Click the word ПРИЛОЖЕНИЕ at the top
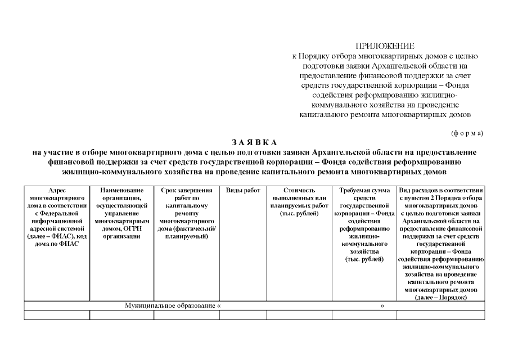pos(385,46)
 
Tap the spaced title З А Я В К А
pos(254,142)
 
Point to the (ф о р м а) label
pos(467,133)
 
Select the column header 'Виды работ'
pos(243,191)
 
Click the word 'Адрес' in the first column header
pos(57,191)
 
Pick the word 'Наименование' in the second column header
pos(121,191)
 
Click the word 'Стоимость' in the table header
pos(299,191)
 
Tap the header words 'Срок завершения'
pos(186,191)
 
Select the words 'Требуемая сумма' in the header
pos(364,191)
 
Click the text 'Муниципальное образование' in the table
pos(170,305)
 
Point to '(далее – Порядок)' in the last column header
pos(440,297)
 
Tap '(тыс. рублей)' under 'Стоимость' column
pos(299,214)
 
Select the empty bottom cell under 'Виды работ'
pos(243,315)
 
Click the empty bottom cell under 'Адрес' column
pos(57,315)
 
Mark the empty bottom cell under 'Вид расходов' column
pos(440,315)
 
